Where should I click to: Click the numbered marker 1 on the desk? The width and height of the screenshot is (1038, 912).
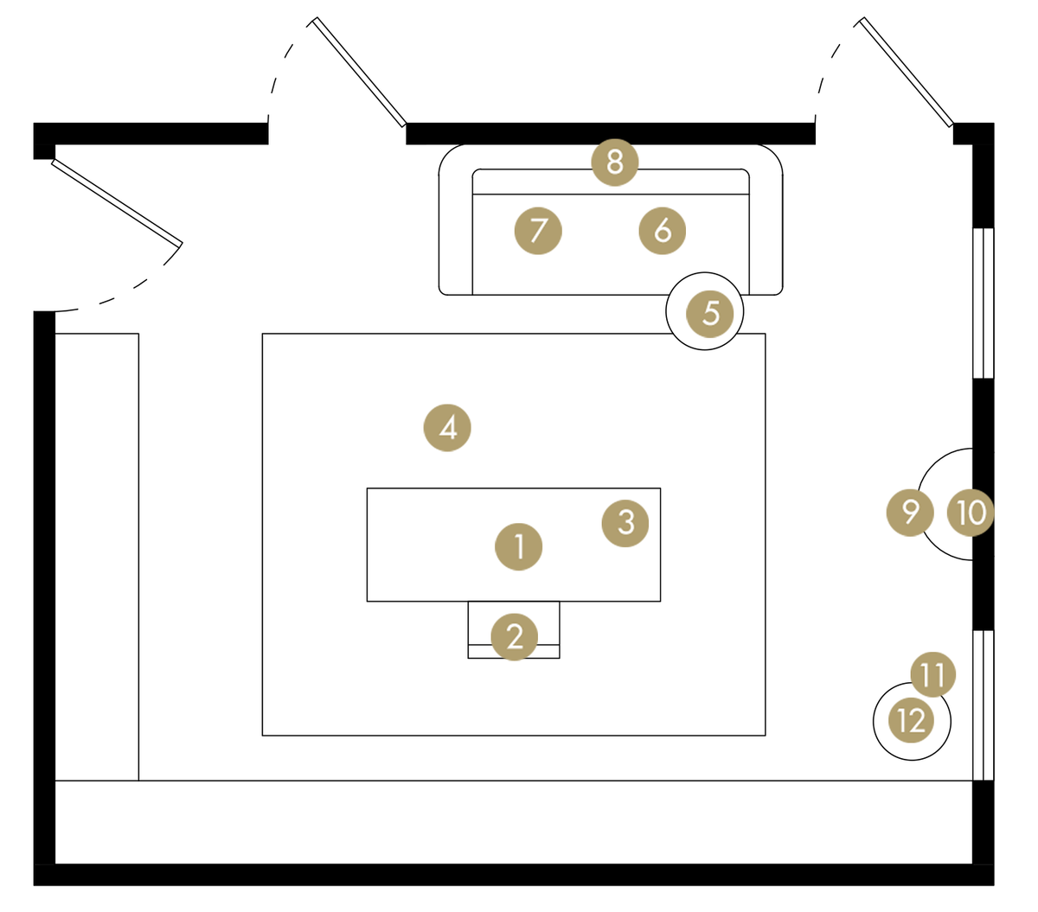(x=519, y=546)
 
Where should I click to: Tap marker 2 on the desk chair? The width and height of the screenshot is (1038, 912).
(x=515, y=636)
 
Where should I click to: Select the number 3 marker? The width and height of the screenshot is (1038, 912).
(x=625, y=522)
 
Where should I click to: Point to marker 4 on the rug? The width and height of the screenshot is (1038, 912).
(x=447, y=427)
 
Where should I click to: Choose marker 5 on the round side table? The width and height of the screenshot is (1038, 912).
(x=710, y=312)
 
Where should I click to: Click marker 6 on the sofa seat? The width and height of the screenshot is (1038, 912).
(x=663, y=231)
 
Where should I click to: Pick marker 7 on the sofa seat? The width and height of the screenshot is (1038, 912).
(x=538, y=231)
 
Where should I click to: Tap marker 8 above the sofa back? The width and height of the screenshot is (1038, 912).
(x=615, y=162)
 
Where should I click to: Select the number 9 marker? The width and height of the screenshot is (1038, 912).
(x=910, y=512)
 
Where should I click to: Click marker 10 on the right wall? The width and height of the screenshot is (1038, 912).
(x=971, y=513)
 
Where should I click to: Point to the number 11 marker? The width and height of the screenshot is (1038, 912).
(x=932, y=674)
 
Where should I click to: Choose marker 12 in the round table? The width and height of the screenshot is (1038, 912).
(x=912, y=720)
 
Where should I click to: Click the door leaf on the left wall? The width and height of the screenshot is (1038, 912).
(x=118, y=202)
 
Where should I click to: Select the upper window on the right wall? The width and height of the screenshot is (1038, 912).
(x=984, y=303)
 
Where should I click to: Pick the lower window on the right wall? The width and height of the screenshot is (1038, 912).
(x=984, y=705)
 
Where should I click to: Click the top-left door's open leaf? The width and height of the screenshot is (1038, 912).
(x=360, y=72)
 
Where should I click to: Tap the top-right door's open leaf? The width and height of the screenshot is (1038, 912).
(x=907, y=72)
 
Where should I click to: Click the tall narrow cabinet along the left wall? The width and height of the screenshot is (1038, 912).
(x=97, y=557)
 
